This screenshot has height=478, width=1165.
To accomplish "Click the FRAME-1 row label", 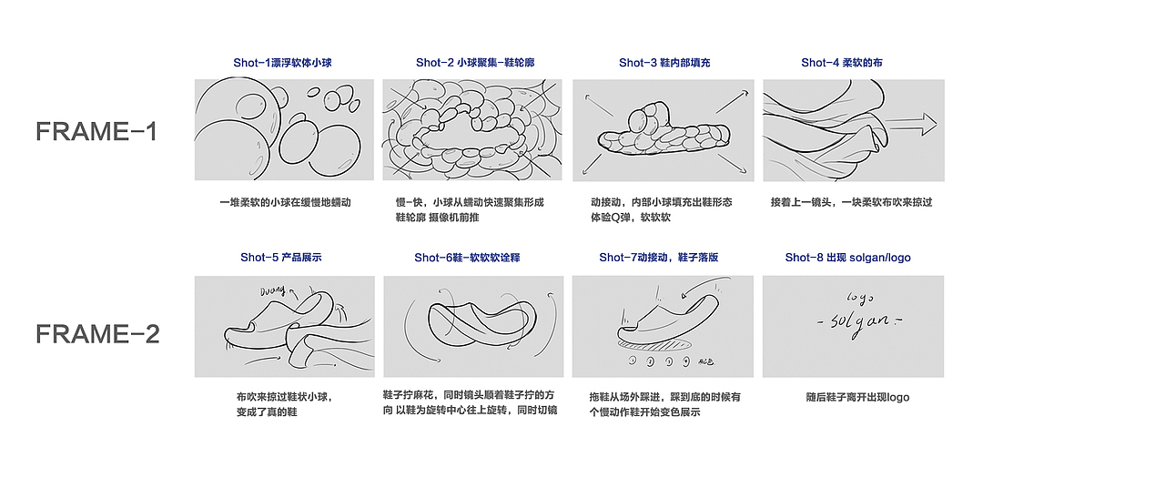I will [96, 131].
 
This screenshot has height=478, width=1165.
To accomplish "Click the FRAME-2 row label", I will [97, 334].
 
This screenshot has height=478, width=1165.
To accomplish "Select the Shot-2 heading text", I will [475, 63].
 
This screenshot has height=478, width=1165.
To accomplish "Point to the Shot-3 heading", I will [664, 63].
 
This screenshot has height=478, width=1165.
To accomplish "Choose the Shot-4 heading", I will [841, 63].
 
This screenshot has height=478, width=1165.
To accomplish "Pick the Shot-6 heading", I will [467, 258].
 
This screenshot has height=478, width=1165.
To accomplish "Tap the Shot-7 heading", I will [658, 258].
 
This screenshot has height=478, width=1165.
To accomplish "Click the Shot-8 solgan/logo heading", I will [847, 258].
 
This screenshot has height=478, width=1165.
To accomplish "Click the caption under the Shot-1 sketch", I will [285, 202].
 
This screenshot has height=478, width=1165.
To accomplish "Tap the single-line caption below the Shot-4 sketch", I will [851, 202].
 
